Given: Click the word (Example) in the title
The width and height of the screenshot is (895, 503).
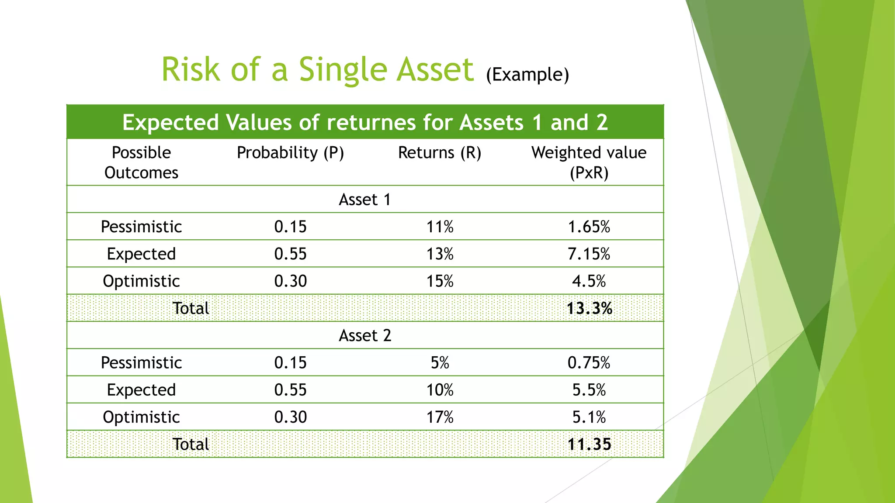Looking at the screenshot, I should coord(527,75).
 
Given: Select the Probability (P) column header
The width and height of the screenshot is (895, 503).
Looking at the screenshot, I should coord(290,153).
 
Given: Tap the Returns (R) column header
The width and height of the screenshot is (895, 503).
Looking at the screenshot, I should coord(440,153).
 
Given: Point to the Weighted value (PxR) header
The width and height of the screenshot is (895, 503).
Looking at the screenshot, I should coord(589,162).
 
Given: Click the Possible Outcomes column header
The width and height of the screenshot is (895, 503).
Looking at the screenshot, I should coord(141,162).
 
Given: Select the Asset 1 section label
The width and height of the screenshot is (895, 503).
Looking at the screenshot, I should coord(364,200).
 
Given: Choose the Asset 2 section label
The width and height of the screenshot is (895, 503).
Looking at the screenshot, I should coord(364,335).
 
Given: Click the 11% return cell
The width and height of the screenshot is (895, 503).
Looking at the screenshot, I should coord(440,227).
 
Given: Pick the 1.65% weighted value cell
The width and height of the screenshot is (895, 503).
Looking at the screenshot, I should coord(589,227).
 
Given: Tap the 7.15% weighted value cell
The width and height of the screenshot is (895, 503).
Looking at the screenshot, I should coord(589,254).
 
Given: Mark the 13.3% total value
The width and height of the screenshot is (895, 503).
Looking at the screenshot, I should coord(589,308).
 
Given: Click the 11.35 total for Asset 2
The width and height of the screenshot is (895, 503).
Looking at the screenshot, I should coord(589,444).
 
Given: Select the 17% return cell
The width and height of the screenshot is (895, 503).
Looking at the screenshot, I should coord(440,417).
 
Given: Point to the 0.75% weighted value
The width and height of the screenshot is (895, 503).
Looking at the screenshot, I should coord(589,362).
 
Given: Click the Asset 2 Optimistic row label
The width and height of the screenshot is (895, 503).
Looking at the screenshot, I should coord(141,417).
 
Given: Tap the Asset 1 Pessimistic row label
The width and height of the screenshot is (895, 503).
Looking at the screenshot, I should coord(141,227).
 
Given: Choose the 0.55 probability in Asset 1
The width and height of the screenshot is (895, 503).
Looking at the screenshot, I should coord(290,254).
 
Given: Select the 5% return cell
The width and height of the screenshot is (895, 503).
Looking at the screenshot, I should coord(440,362).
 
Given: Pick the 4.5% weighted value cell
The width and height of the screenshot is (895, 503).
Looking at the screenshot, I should coord(589,281).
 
